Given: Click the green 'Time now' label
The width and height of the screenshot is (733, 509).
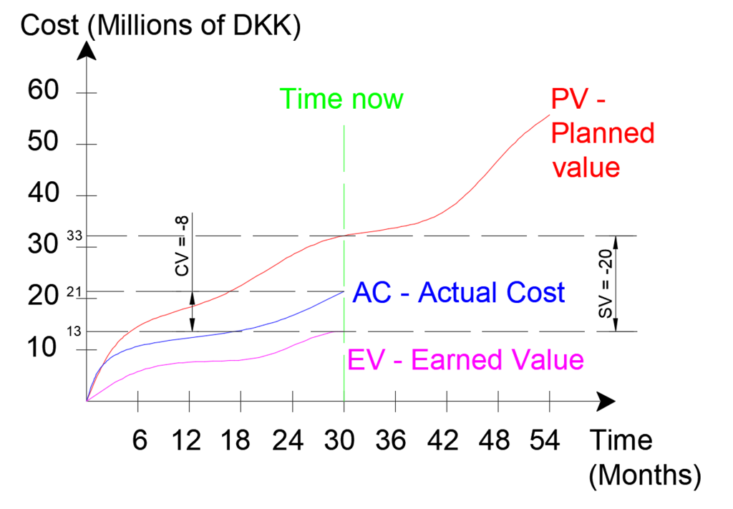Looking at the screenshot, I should point(341,99).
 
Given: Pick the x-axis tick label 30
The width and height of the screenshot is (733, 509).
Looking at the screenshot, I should point(344,440).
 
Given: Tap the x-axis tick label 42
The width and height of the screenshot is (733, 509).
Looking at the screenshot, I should point(447,440).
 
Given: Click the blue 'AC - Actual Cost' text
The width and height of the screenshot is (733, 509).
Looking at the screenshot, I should point(459,293).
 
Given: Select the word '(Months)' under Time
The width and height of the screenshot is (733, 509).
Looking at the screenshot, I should point(644,474).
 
